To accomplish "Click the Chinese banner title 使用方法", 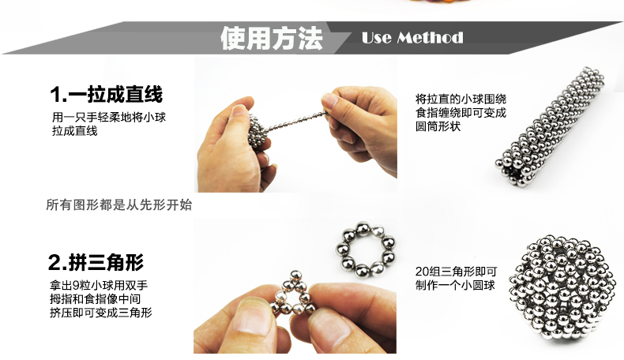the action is tap(272, 38).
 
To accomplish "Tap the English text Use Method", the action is tap(412, 38).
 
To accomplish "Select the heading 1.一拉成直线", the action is tap(107, 94).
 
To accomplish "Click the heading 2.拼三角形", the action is tap(96, 262).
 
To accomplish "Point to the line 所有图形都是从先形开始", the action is tap(119, 204).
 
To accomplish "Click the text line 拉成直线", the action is tap(75, 131).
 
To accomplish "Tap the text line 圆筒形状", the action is tap(438, 126).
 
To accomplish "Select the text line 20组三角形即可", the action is tap(456, 272).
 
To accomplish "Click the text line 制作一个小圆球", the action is tap(455, 285).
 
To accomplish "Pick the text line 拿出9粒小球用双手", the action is tap(99, 285).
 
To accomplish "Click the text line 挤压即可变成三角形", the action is tap(100, 313).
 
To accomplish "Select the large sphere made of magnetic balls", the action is tap(562, 287).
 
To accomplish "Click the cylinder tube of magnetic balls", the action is tap(550, 126).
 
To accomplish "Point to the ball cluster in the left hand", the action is tap(258, 131).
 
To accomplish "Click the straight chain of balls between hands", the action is tap(298, 121).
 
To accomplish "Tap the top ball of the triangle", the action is tap(295, 276).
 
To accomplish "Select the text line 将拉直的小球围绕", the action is tap(460, 99).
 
